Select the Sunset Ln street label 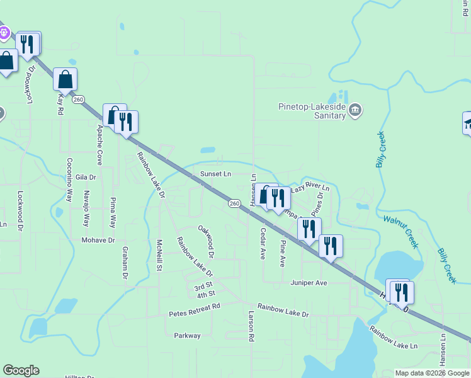(x=216, y=174)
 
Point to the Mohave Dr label (x=98, y=240)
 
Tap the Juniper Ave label (x=309, y=283)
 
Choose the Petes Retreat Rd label (x=195, y=306)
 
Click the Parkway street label (x=187, y=336)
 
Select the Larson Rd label (x=251, y=326)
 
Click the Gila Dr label (x=85, y=178)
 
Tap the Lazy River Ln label (x=310, y=188)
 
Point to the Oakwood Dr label (x=207, y=243)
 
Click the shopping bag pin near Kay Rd (x=65, y=80)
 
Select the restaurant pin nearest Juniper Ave (x=331, y=245)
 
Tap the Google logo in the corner (x=21, y=370)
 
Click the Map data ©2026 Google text (x=431, y=373)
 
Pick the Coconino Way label (x=69, y=180)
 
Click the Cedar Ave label (x=263, y=243)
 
